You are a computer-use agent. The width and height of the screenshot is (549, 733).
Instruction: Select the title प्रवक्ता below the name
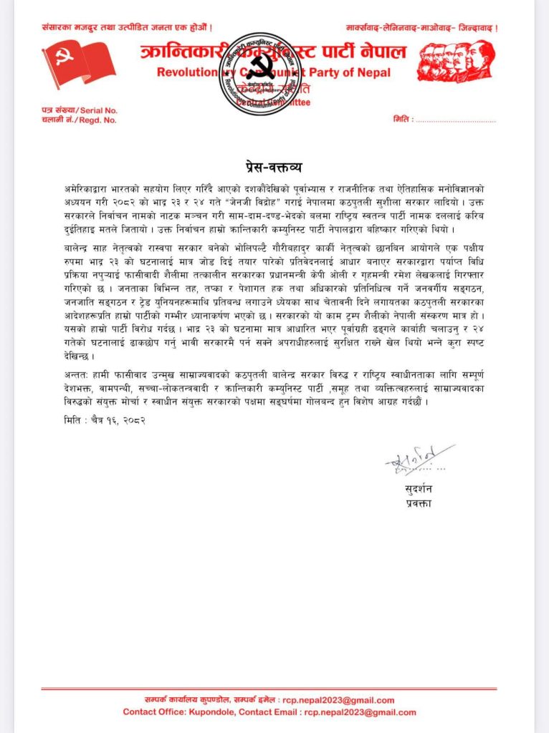coord(417,505)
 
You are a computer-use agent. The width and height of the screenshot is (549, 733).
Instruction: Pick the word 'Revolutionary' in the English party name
coord(187,72)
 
